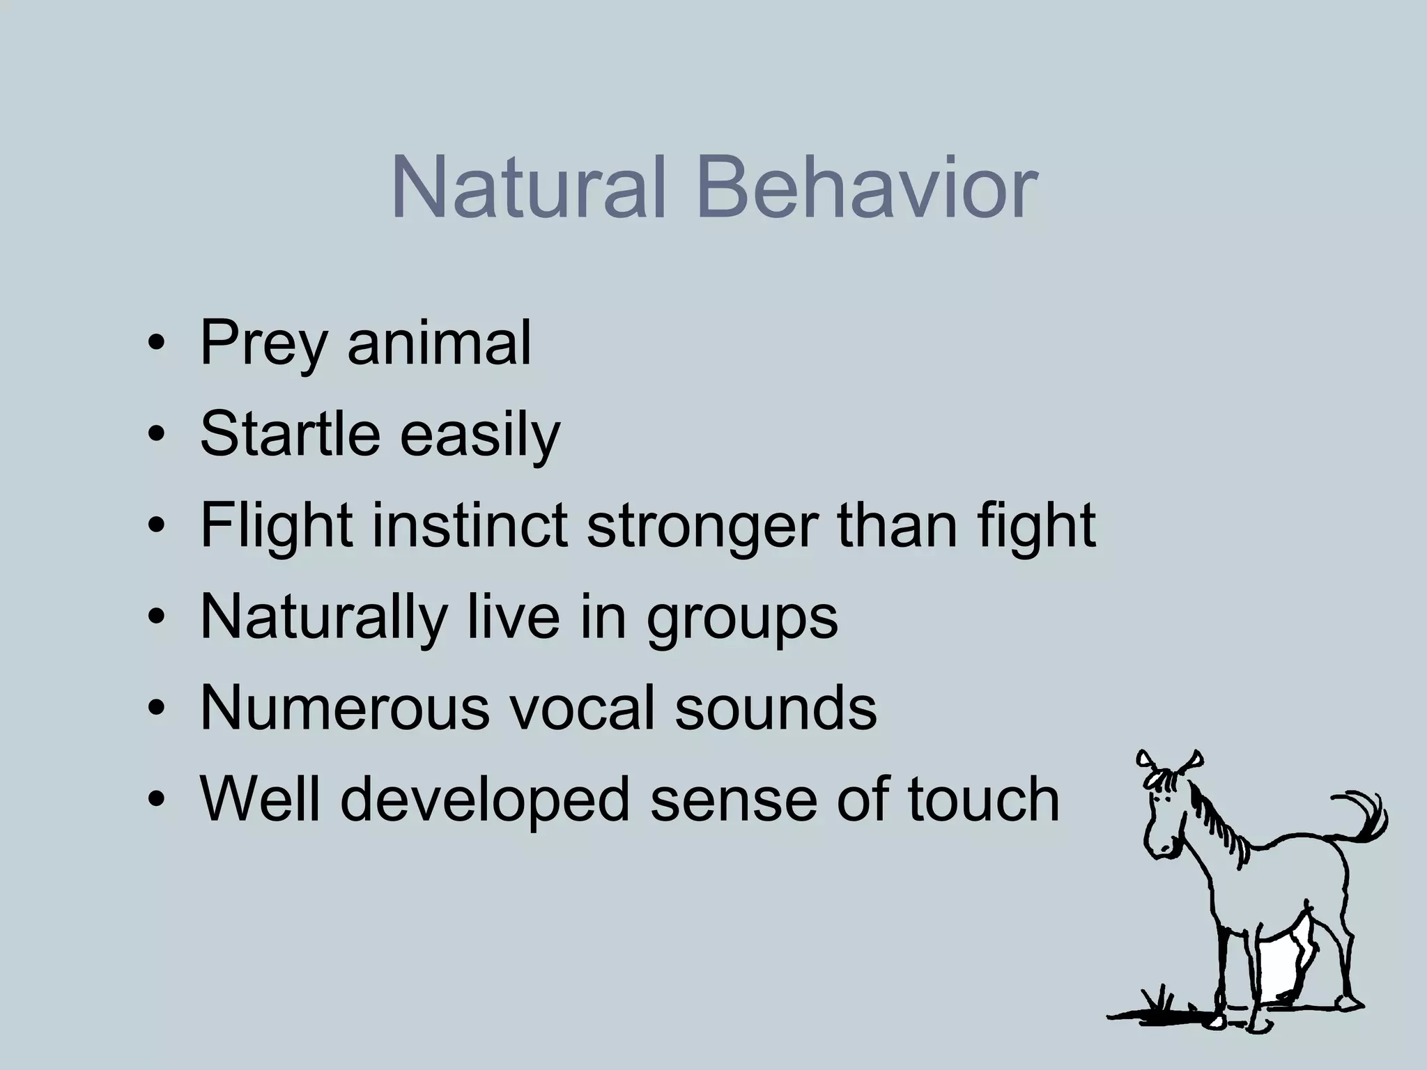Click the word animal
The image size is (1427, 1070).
coord(439,342)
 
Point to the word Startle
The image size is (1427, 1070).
coord(290,433)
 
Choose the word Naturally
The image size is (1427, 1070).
coord(324,618)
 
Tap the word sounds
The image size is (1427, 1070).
coord(776,708)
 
